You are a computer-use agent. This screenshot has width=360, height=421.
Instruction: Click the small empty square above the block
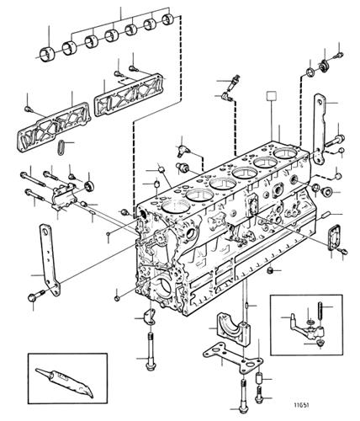[x=272, y=95]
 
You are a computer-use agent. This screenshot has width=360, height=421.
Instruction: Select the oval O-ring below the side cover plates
[x=61, y=147]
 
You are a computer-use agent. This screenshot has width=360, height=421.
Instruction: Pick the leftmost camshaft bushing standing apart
[x=46, y=54]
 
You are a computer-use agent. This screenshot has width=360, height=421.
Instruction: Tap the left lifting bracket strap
[x=50, y=258]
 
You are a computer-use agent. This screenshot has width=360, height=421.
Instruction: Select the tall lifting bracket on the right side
[x=319, y=129]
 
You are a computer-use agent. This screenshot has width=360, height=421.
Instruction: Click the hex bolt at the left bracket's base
[x=34, y=296]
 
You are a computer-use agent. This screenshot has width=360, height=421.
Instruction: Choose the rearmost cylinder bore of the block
[x=285, y=153]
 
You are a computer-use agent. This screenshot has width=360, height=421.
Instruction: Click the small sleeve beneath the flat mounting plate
[x=260, y=379]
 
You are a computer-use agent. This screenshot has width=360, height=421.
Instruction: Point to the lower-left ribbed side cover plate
[x=54, y=127]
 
